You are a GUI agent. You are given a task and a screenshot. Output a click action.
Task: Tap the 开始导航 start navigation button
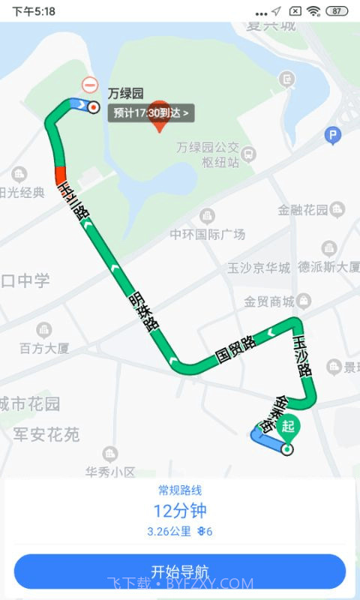180,571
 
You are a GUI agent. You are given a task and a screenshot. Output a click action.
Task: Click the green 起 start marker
289,427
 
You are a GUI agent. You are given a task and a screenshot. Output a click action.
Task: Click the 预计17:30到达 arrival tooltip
152,113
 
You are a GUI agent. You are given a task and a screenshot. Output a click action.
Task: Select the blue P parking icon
332,136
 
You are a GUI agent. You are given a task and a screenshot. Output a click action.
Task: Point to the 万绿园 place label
125,94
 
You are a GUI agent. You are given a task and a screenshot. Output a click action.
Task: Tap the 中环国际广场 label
208,234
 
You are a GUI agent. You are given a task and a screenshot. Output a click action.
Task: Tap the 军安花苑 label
46,434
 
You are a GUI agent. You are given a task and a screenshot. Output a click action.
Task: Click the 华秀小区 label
110,472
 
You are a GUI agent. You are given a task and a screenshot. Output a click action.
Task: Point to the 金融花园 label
304,210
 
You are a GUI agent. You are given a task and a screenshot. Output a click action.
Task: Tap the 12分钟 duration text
180,511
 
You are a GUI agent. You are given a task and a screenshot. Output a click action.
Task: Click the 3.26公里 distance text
169,532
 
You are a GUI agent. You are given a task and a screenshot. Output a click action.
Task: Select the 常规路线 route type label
180,490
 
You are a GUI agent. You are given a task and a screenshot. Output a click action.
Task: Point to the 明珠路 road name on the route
142,310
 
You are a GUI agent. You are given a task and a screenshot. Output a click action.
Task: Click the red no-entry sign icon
90,85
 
